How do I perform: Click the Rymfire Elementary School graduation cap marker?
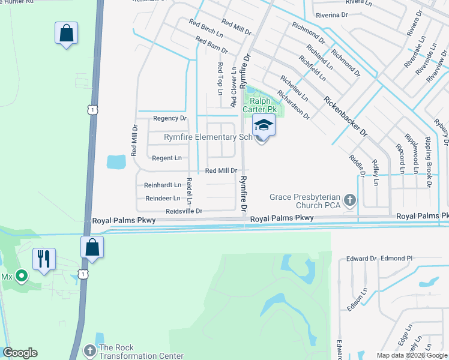(262, 127)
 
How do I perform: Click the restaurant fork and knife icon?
(44, 259)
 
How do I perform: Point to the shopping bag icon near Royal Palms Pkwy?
(92, 247)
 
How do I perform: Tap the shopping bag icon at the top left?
(66, 34)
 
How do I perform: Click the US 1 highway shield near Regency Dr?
(91, 110)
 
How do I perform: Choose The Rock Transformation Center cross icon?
(89, 350)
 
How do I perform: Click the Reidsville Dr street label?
(184, 211)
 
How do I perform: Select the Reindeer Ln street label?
(163, 198)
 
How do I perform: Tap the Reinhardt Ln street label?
(163, 185)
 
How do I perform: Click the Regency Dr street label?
(170, 119)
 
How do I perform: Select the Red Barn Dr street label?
(212, 45)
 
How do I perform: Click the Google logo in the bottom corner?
(20, 353)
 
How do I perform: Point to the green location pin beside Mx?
(22, 276)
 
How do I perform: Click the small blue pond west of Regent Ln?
(116, 161)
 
